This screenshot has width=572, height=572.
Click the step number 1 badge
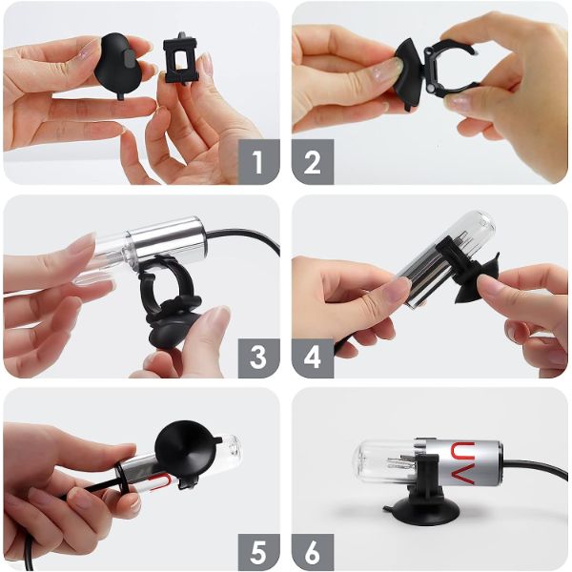pyautogui.click(x=258, y=162)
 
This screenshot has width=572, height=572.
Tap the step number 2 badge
pyautogui.click(x=313, y=162)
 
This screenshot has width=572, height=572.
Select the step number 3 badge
pyautogui.click(x=258, y=357)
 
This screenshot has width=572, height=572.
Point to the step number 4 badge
pyautogui.click(x=313, y=357)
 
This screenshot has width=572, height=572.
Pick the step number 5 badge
pyautogui.click(x=258, y=552)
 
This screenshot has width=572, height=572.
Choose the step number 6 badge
pyautogui.click(x=313, y=552)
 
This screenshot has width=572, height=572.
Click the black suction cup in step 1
pyautogui.click(x=115, y=65)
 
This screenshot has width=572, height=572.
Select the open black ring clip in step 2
pyautogui.click(x=451, y=70)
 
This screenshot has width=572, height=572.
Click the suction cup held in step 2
pyautogui.click(x=409, y=73)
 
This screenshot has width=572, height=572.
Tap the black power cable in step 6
pyautogui.click(x=536, y=466)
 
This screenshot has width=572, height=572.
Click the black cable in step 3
pyautogui.click(x=248, y=236)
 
